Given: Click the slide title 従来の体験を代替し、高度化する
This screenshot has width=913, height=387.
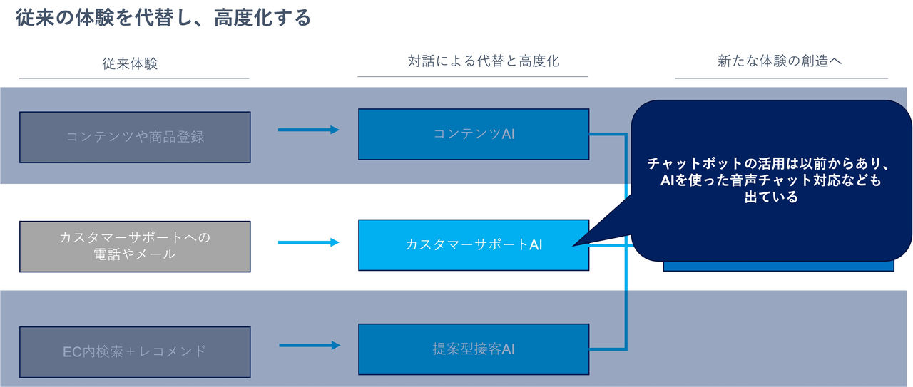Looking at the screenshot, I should click(x=163, y=18).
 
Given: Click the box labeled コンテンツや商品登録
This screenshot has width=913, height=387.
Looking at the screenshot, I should click(x=135, y=137).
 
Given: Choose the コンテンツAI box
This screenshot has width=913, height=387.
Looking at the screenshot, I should click(x=474, y=134).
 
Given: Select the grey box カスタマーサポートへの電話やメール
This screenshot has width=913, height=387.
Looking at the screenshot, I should click(x=135, y=246).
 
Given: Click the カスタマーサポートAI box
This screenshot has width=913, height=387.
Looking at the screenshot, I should click(x=474, y=244).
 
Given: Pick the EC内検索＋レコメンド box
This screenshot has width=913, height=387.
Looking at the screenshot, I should click(x=135, y=351).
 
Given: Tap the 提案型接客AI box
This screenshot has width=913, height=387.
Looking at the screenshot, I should click(x=474, y=349).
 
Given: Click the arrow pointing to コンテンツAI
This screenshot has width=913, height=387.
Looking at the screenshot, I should click(x=308, y=130).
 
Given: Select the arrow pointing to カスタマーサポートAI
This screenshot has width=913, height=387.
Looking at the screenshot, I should click(x=308, y=242).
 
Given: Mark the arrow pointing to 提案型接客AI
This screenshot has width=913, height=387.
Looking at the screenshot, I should click(x=308, y=346).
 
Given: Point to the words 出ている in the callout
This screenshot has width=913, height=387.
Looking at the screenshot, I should click(x=770, y=197).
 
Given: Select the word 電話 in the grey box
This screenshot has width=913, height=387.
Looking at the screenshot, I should click(x=108, y=254).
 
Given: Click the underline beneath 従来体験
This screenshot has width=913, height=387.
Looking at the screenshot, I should click(x=134, y=78).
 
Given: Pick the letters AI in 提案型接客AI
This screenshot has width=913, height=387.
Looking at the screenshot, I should click(x=507, y=349).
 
